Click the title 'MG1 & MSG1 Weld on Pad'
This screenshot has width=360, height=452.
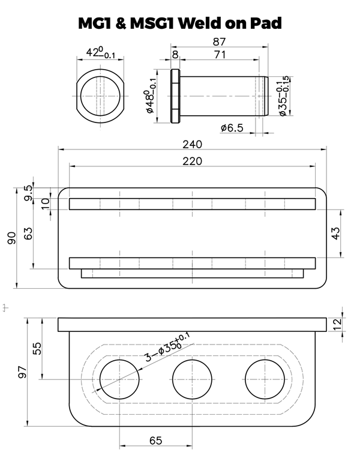(180, 23)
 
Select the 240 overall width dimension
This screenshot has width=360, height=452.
(194, 144)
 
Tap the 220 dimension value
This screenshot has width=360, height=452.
(193, 161)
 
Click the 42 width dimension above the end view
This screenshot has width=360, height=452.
(100, 53)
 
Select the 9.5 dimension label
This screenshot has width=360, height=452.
(28, 193)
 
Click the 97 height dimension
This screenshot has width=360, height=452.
(22, 372)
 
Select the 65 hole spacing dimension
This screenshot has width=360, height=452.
(156, 441)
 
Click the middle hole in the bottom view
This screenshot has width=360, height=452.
(193, 381)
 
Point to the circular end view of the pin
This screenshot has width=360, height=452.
(100, 95)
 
